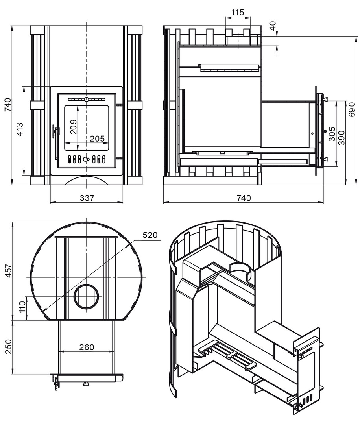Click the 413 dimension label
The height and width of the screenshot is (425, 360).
click(x=20, y=129)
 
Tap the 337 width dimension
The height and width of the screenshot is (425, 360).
click(x=87, y=198)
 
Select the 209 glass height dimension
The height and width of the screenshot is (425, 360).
click(x=74, y=127)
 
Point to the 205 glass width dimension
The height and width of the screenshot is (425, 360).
click(x=97, y=139)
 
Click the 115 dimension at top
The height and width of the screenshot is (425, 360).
click(x=238, y=13)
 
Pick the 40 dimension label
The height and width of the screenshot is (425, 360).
click(x=273, y=26)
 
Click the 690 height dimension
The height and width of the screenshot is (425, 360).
click(x=352, y=109)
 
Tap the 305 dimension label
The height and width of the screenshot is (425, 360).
click(x=332, y=134)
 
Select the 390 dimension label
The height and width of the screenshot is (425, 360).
click(x=342, y=138)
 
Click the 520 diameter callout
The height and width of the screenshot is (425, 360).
click(x=150, y=235)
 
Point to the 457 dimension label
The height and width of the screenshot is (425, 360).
click(x=9, y=270)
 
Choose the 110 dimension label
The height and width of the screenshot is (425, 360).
click(x=22, y=307)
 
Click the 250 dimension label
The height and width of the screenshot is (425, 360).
click(x=9, y=347)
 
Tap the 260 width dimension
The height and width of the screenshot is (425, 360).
click(x=87, y=347)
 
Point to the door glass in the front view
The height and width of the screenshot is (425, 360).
click(x=87, y=128)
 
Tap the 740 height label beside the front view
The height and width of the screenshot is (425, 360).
click(x=9, y=105)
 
